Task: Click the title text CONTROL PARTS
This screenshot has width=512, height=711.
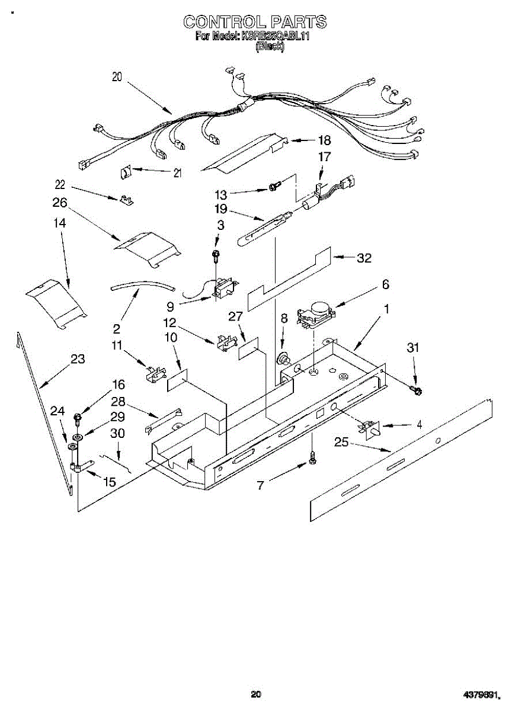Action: tap(254, 23)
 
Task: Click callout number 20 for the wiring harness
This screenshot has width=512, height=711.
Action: tap(117, 76)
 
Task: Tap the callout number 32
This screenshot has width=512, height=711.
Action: tap(364, 258)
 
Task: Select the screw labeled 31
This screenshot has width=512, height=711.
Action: tap(417, 389)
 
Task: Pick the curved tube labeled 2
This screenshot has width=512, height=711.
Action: tap(143, 285)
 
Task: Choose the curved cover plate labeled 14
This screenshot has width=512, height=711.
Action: tap(56, 301)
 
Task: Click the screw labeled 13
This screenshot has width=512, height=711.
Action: tap(273, 187)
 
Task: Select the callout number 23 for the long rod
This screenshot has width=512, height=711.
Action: tap(77, 359)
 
